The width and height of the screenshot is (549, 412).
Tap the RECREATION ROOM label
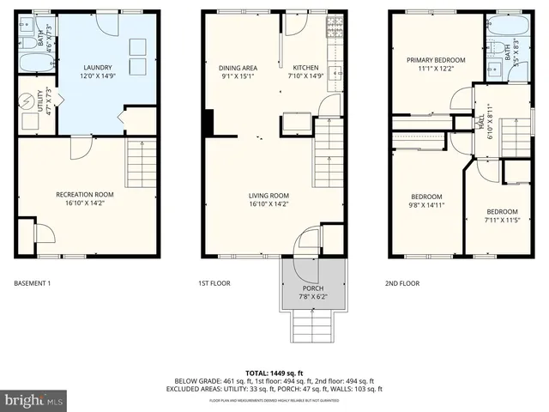[85, 195]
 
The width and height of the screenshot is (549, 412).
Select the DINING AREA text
[238, 68]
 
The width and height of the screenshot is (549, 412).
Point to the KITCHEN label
[305, 68]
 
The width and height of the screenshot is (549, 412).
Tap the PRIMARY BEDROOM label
[435, 60]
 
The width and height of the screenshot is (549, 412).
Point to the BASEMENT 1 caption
[33, 282]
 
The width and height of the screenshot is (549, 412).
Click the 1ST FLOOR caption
[214, 282]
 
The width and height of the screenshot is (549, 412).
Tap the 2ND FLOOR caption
[402, 282]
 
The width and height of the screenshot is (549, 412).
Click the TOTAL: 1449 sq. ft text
[274, 373]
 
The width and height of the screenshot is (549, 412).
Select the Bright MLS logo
[33, 400]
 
